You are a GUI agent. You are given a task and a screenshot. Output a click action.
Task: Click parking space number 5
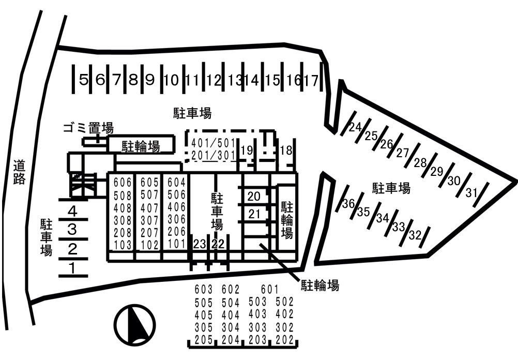[84, 80]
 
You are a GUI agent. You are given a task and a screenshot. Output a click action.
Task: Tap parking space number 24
[354, 127]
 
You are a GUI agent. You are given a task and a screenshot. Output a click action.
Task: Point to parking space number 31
[471, 193]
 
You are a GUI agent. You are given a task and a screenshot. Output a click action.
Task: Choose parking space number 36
[348, 204]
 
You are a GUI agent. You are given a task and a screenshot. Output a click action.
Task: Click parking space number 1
[72, 268]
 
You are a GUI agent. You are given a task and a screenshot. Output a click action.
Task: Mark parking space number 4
[72, 212]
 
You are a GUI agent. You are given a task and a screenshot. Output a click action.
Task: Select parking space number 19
[247, 151]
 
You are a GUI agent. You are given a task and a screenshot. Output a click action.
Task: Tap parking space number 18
[286, 151]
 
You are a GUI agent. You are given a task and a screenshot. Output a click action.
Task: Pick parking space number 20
[254, 197]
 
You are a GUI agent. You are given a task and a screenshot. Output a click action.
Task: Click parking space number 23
[199, 244]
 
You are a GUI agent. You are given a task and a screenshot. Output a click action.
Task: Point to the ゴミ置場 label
[88, 128]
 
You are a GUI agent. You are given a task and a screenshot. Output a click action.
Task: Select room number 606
[123, 183]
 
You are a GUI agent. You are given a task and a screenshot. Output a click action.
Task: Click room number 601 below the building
[270, 290]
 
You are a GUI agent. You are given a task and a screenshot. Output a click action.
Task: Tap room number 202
[284, 340]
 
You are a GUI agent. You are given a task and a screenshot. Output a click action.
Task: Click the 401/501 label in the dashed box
[214, 142]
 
